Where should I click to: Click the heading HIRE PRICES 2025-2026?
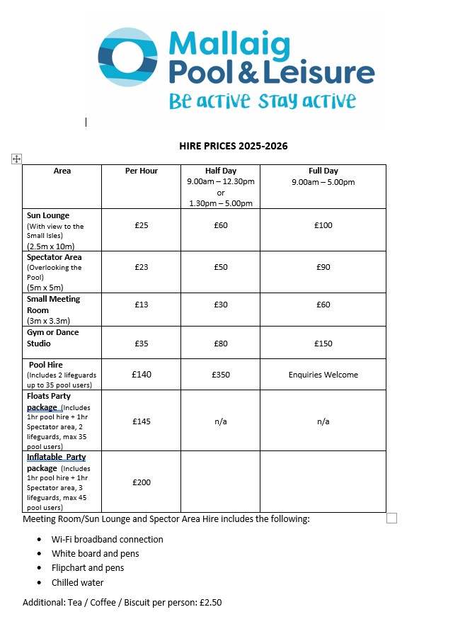[x=234, y=147]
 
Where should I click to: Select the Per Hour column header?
[x=142, y=171]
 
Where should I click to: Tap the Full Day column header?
[x=323, y=171]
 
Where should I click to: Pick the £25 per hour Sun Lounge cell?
[x=142, y=225]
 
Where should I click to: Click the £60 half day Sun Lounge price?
[x=221, y=225]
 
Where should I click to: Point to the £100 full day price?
[x=323, y=225]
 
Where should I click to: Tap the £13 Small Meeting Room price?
[x=142, y=305]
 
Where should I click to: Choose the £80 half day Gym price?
[x=221, y=344]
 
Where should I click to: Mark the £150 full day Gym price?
[x=323, y=344]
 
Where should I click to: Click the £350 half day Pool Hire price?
[x=221, y=375]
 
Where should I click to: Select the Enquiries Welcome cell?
[x=323, y=375]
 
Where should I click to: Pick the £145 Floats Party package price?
[x=142, y=421]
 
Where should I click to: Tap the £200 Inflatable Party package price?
[x=142, y=482]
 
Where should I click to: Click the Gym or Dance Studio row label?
[x=53, y=338]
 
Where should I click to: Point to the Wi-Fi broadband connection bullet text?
[x=107, y=539]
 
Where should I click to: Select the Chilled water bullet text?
[x=77, y=583]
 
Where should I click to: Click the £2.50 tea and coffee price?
[x=212, y=603]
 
